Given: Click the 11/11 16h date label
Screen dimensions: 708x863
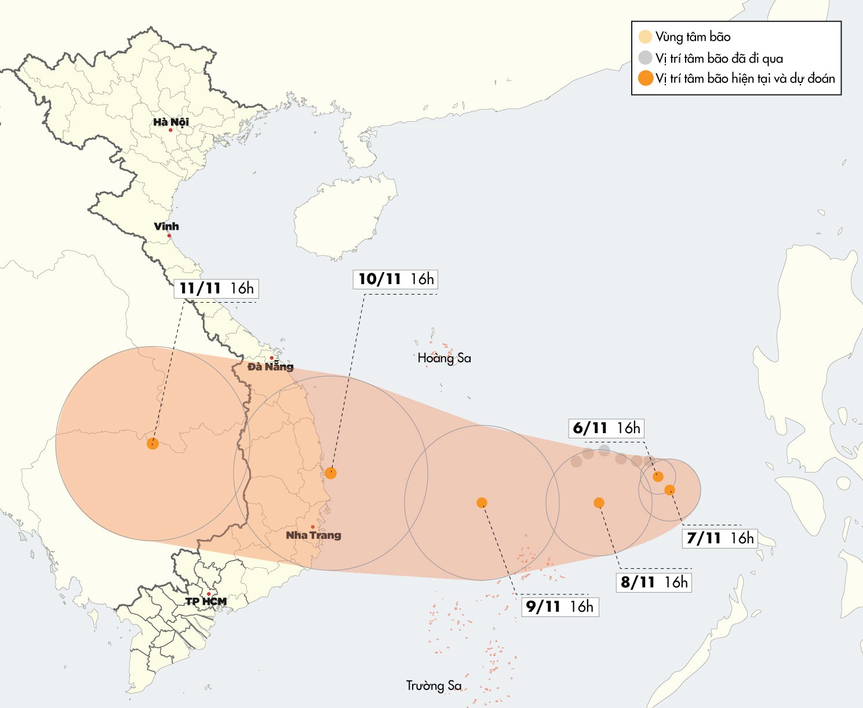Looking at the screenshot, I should coord(216,288).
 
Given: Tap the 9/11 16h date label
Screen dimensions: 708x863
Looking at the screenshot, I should coord(560,607).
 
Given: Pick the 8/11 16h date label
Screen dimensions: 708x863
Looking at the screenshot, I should coord(654,582).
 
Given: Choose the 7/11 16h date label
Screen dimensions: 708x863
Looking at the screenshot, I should coord(720,538).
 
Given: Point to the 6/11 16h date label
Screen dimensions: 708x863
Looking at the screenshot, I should coord(606,428).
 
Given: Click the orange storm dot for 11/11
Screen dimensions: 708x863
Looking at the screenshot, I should coord(152,444).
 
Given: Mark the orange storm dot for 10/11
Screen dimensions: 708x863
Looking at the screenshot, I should coord(331,473).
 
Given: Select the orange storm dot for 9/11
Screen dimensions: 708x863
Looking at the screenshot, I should coord(482,503).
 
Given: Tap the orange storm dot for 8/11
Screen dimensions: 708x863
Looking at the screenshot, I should coord(599,503).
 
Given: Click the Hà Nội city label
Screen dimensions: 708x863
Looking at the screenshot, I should coord(171,122).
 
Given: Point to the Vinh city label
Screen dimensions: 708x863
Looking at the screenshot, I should coord(166,226).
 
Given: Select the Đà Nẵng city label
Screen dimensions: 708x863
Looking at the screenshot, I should coord(270,366).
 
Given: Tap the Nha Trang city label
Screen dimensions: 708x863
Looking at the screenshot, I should coord(314,535).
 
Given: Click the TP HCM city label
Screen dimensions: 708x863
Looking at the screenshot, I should coord(206,601).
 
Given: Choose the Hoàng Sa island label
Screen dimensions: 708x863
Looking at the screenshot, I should coord(445,358).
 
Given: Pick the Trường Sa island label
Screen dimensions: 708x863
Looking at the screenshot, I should coord(434,685).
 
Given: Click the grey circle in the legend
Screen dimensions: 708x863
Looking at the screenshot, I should coord(646,57).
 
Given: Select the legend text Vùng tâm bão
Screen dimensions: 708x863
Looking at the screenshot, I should coord(693,37).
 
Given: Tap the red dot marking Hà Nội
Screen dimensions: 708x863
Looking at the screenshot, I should coord(170,130).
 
